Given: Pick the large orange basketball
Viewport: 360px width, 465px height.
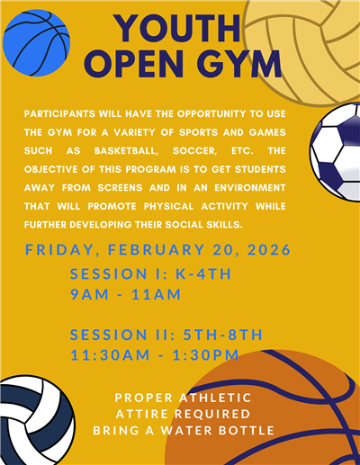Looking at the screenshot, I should point(270,414).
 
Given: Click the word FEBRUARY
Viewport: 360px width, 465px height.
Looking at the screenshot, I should point(142,248).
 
